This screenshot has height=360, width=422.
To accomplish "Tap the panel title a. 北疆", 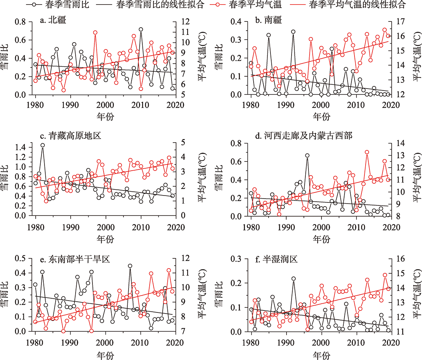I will tap(53, 21).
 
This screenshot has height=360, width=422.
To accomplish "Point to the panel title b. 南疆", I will tap(269, 21).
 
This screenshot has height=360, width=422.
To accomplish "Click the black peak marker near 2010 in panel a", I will tap(141, 30).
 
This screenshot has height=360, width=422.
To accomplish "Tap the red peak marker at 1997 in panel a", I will tap(95, 33).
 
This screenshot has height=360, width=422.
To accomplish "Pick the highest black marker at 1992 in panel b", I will tap(293, 32).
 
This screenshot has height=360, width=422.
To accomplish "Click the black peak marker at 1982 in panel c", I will tap(43, 145).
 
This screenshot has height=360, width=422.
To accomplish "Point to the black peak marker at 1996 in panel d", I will tap(307, 156).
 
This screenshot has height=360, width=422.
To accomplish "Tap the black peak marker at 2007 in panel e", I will tap(130, 266).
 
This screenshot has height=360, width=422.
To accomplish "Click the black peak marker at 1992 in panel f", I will tap(293, 279).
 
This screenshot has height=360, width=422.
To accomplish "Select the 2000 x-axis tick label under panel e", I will tap(105, 341).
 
